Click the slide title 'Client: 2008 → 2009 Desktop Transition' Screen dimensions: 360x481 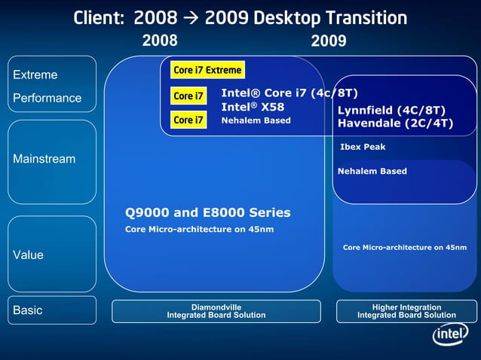[240, 17]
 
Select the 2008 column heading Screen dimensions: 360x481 [160, 41]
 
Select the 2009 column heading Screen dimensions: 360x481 [329, 41]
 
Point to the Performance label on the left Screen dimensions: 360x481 [47, 98]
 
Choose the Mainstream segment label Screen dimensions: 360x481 [44, 159]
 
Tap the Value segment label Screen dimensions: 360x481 [29, 255]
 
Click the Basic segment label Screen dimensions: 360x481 [28, 310]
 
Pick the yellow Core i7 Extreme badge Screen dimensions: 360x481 [207, 70]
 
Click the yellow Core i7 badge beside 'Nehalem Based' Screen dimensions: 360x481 [188, 120]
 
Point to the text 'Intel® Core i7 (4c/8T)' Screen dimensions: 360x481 [289, 93]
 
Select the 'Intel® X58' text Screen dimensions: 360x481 [253, 107]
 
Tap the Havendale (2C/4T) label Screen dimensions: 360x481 [395, 124]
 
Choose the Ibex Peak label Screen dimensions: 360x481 [363, 147]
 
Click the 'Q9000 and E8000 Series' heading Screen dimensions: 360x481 [207, 212]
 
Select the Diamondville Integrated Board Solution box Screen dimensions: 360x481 [216, 311]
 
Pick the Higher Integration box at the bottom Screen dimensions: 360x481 [406, 311]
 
